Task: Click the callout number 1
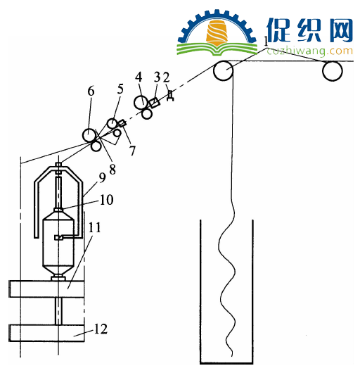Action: click(266, 42)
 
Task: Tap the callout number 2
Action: click(166, 77)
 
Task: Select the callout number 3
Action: click(157, 77)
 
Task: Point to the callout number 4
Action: click(139, 77)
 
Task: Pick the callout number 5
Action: click(120, 89)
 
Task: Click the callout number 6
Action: click(91, 91)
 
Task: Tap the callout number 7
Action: click(132, 151)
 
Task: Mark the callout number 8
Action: click(112, 170)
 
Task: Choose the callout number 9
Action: click(102, 177)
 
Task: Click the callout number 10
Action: click(107, 200)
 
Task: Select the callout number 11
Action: click(95, 227)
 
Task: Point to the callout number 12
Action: click(101, 329)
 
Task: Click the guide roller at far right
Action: click(332, 70)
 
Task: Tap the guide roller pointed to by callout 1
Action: click(223, 70)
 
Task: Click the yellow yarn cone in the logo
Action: click(217, 33)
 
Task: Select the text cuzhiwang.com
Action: click(309, 51)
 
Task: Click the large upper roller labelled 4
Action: click(141, 102)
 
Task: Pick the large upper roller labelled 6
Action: click(89, 135)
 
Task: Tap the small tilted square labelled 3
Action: click(154, 103)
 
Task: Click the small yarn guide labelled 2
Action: click(170, 96)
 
